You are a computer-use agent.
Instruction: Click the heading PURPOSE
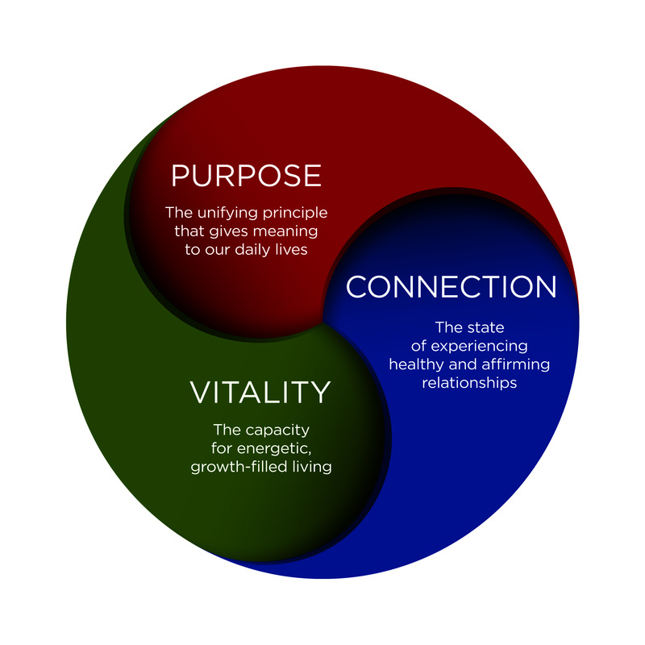point(246,176)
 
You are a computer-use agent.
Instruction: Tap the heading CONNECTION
point(451,287)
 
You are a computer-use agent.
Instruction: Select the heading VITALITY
point(260,392)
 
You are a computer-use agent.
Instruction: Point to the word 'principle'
point(294,214)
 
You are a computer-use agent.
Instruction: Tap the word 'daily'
point(258,251)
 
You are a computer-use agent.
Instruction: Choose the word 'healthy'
point(415,364)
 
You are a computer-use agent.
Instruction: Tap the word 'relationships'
point(469,383)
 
